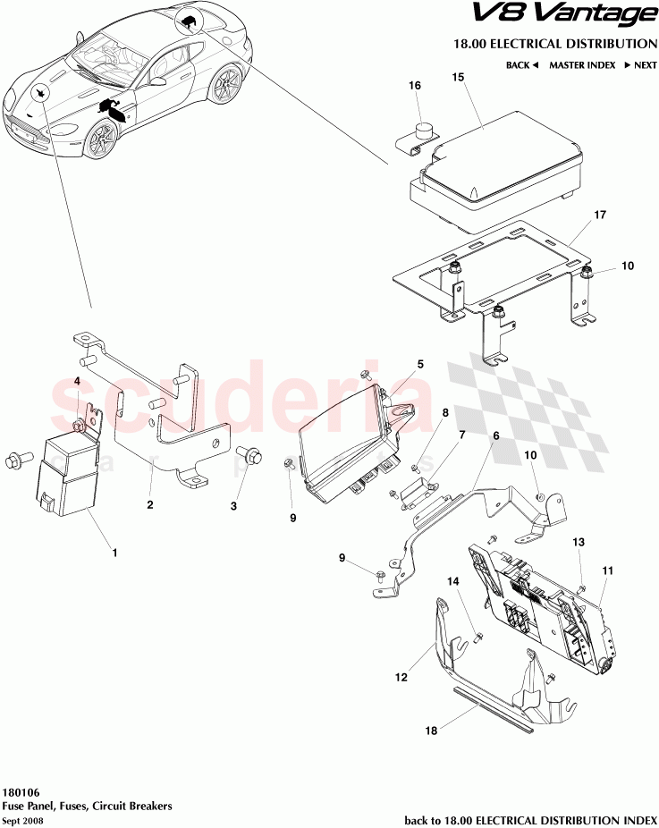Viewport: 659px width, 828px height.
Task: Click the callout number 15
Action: tap(458, 78)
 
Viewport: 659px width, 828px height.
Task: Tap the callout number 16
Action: tap(415, 86)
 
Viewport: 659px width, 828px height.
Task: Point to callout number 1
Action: tap(114, 553)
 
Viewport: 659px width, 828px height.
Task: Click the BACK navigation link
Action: tap(521, 65)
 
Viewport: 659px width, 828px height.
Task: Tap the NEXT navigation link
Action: tap(640, 65)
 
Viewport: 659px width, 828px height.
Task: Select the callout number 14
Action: tap(453, 582)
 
